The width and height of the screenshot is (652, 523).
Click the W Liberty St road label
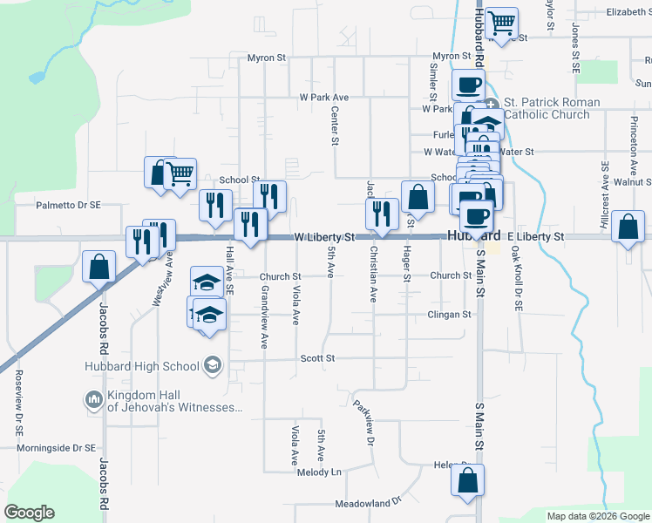tap(324, 237)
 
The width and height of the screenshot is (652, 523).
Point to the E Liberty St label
tap(535, 237)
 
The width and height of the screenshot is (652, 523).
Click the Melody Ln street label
tap(319, 472)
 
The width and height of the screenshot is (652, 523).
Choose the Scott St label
tap(317, 358)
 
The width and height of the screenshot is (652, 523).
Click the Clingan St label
tap(449, 315)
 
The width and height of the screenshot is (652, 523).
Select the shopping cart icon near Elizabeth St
tap(501, 24)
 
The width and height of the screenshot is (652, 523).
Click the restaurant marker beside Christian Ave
tap(381, 214)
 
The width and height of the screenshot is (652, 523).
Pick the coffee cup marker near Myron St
tap(468, 85)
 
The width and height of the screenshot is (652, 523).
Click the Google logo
tap(29, 513)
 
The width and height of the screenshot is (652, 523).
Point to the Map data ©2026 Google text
tap(598, 516)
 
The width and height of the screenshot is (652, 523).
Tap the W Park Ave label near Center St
tap(323, 98)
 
